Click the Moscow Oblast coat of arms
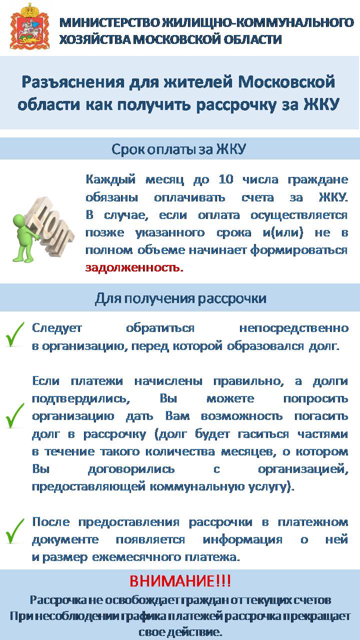pos(30,26)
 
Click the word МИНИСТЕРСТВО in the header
pos(109,22)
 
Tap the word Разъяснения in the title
pos(73,82)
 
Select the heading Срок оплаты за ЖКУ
pos(178,149)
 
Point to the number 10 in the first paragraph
pos(226,179)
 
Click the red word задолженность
pos(134,267)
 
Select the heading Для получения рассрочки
pos(180,298)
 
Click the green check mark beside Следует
pos(15,334)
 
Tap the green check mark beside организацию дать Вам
pos(15,415)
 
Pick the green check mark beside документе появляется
pos(15,531)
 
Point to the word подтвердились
pos(81,398)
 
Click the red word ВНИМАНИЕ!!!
pos(180,581)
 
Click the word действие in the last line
pos(195,631)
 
